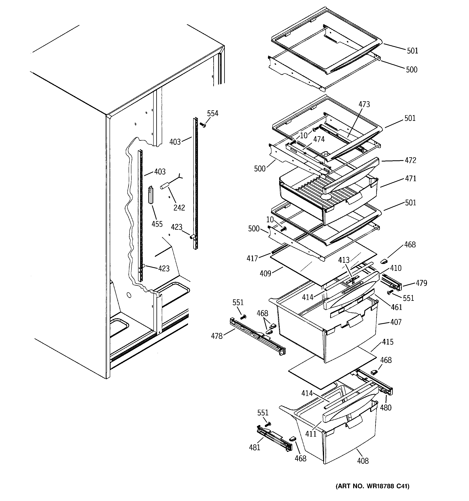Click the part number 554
pyautogui.click(x=212, y=113)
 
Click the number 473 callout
pyautogui.click(x=364, y=104)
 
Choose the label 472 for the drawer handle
pyautogui.click(x=410, y=160)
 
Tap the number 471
pyautogui.click(x=411, y=179)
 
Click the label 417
pyautogui.click(x=252, y=258)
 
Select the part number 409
pyautogui.click(x=265, y=273)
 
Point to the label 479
pyautogui.click(x=421, y=283)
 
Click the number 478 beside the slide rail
pyautogui.click(x=217, y=336)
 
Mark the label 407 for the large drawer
pyautogui.click(x=396, y=322)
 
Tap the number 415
pyautogui.click(x=388, y=342)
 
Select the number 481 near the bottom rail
pyautogui.click(x=254, y=447)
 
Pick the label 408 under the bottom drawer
pyautogui.click(x=362, y=461)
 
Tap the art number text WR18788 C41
pyautogui.click(x=372, y=486)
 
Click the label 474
pyautogui.click(x=319, y=139)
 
